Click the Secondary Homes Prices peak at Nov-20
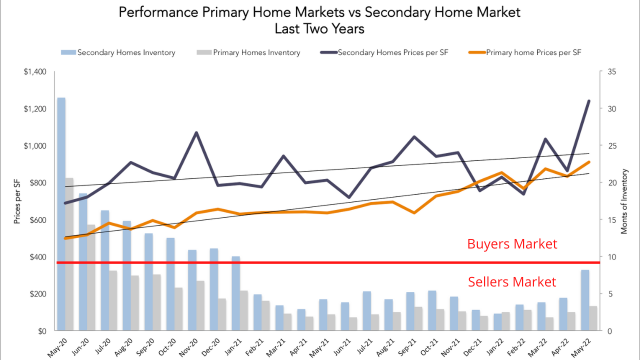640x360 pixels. (196, 133)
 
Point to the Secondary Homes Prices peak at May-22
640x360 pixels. (589, 101)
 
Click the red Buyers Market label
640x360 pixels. (512, 244)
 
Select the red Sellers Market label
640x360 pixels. (512, 282)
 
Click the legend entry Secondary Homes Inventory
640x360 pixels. (126, 52)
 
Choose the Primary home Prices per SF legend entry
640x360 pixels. (533, 52)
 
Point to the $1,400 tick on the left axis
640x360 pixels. (35, 72)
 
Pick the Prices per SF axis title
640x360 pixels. (17, 201)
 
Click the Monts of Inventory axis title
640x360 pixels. (624, 201)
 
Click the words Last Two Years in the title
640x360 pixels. (319, 29)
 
